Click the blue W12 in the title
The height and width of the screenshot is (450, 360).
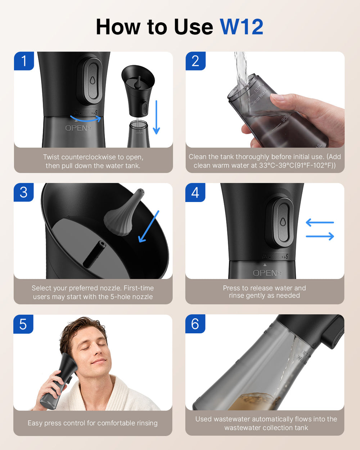[242, 27]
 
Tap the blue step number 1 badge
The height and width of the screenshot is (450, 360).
[24, 61]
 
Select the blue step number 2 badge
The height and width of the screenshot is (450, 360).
[195, 61]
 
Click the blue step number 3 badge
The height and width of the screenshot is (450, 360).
[24, 192]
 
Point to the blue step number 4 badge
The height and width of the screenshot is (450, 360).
[195, 192]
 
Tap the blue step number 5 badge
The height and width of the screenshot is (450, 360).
[23, 324]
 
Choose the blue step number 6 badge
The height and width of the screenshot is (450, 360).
[195, 324]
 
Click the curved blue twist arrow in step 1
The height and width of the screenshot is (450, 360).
[85, 120]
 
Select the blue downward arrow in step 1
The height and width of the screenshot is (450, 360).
[156, 117]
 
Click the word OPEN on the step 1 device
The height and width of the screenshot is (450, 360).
[76, 128]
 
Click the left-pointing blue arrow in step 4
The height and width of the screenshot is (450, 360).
[320, 222]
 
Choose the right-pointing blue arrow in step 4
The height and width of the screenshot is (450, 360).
[320, 237]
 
